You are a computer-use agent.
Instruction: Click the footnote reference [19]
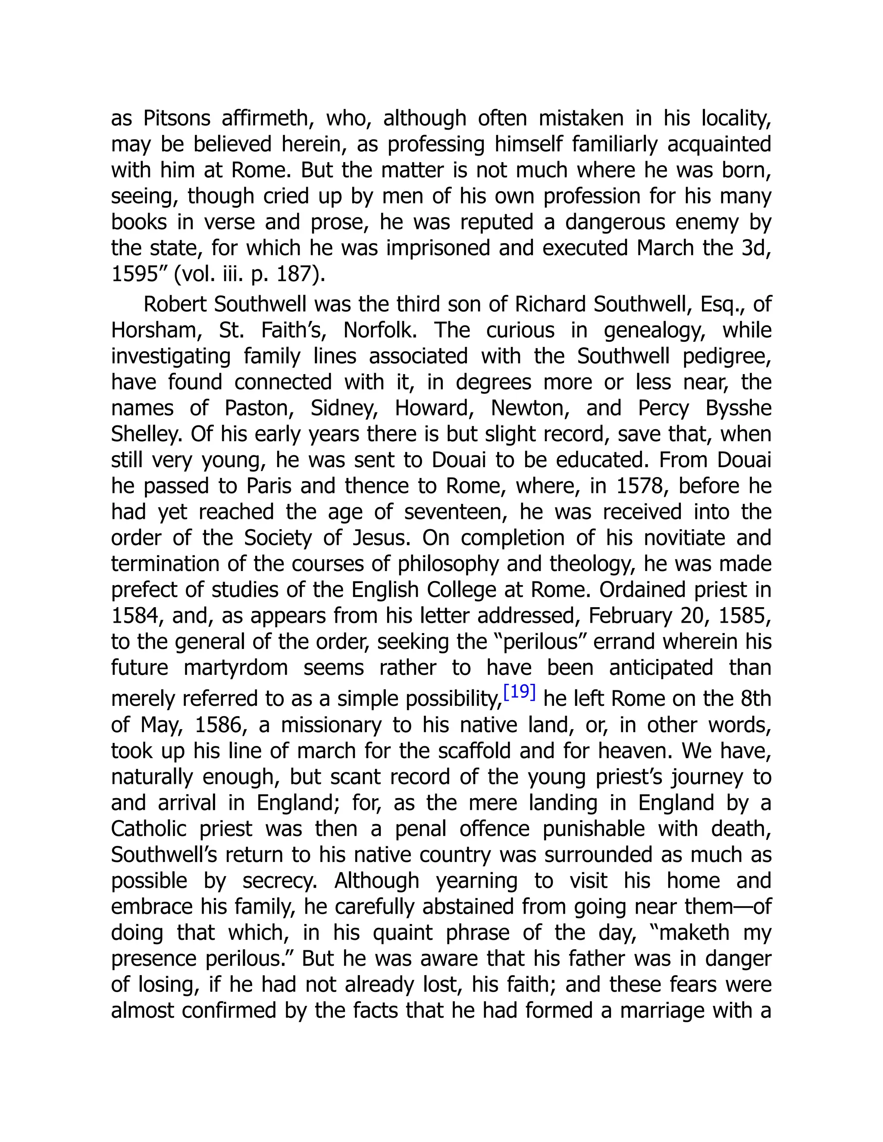[519, 693]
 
